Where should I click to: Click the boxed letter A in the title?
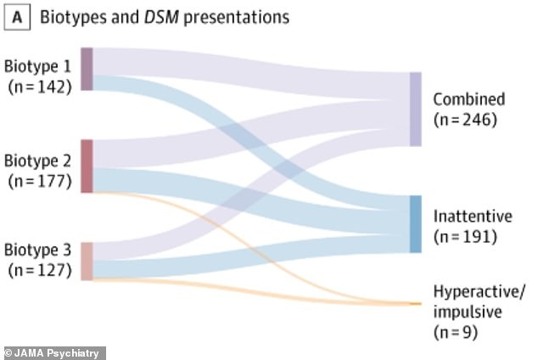(x=15, y=16)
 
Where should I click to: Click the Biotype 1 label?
(x=39, y=66)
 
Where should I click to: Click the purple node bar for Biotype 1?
(x=87, y=69)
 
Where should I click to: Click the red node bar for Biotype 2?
(x=87, y=166)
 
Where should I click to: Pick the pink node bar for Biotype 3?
(x=87, y=261)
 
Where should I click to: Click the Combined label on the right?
(x=468, y=98)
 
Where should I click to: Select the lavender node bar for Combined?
(x=415, y=109)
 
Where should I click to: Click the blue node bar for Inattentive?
(x=415, y=223)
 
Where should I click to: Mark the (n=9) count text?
(x=456, y=334)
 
